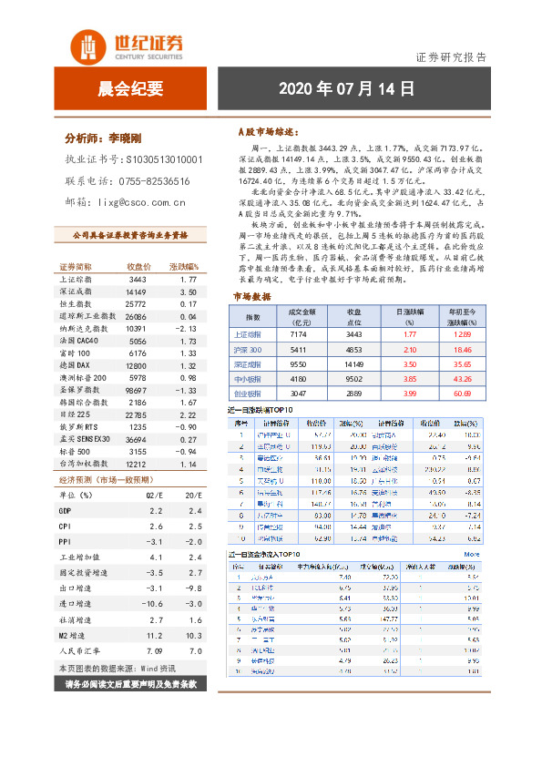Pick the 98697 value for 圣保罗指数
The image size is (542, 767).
(x=136, y=389)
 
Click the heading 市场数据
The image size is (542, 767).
(x=251, y=297)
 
